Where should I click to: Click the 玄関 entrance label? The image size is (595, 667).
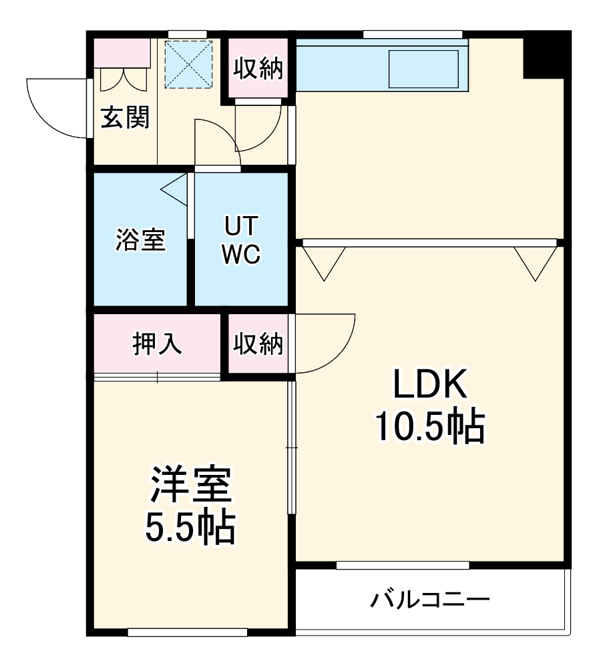pyautogui.click(x=125, y=118)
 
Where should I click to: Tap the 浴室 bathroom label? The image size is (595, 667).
pyautogui.click(x=140, y=240)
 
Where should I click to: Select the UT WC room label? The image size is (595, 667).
pyautogui.click(x=240, y=240)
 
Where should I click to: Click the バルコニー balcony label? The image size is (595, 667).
pyautogui.click(x=431, y=599)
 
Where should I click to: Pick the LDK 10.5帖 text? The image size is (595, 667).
pyautogui.click(x=429, y=407)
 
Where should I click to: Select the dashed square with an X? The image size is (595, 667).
pyautogui.click(x=188, y=64)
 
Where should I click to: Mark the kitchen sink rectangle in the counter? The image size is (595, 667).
pyautogui.click(x=423, y=68)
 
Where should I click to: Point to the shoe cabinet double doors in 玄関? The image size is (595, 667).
pyautogui.click(x=124, y=79)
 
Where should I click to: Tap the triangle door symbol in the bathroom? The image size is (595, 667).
pyautogui.click(x=175, y=190)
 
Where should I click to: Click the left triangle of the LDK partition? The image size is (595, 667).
pyautogui.click(x=324, y=261)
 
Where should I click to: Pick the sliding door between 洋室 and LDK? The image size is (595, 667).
pyautogui.click(x=291, y=447)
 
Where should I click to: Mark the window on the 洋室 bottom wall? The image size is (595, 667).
pyautogui.click(x=188, y=632)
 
